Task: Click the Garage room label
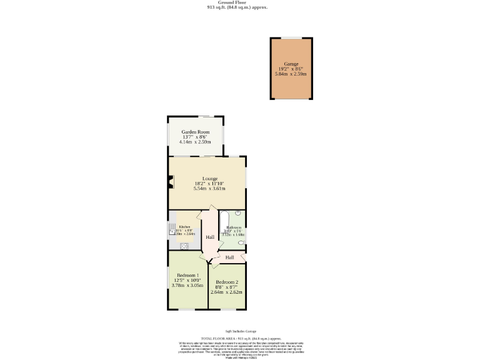tap(291, 64)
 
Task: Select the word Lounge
tap(210, 178)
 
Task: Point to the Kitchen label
tap(184, 227)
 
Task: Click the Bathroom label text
tap(234, 227)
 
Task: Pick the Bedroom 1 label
tap(187, 276)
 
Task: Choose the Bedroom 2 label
tap(227, 282)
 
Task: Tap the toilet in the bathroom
tap(241, 242)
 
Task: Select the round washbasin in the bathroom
tap(238, 213)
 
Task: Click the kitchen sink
tap(172, 229)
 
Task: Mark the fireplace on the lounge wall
tap(170, 182)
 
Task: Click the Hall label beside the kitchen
tap(210, 237)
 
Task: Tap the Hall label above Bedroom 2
tap(229, 257)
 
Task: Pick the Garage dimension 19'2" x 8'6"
tap(291, 69)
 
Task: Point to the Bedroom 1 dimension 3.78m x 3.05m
tap(187, 286)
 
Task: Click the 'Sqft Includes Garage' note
tap(241, 331)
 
